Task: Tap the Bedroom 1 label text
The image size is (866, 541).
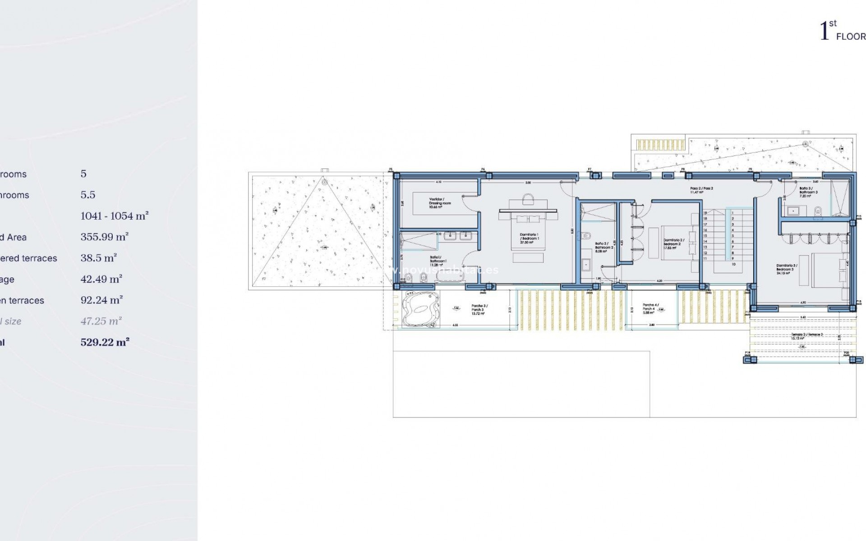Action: [529, 238]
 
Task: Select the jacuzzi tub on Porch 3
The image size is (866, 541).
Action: [420, 309]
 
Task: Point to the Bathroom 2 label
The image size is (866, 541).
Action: [604, 247]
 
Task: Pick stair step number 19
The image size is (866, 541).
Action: [705, 213]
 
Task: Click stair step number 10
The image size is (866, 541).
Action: [733, 264]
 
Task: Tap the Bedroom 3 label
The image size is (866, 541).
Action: [787, 269]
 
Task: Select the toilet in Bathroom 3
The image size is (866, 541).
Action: [818, 211]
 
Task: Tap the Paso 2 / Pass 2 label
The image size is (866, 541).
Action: [701, 190]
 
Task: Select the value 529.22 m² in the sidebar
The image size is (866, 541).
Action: [105, 342]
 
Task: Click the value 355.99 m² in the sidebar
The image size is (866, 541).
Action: [105, 237]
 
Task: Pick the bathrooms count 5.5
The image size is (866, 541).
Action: [88, 195]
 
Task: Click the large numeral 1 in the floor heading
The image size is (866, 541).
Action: [825, 32]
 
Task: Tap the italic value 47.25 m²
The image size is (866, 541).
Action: [101, 321]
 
